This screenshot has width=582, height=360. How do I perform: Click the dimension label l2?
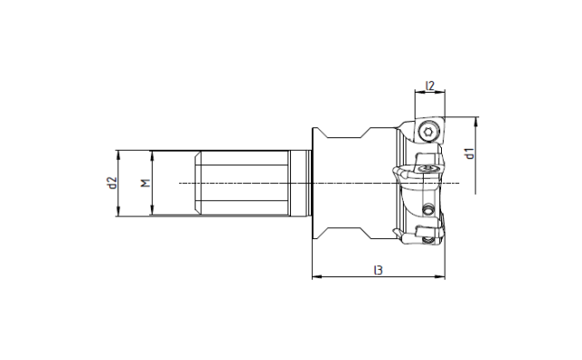point(430,85)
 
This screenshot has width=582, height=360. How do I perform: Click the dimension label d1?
point(470,154)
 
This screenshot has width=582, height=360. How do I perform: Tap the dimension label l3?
point(378,270)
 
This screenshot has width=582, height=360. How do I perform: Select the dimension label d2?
point(113,183)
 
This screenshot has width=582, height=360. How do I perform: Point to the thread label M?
point(145,183)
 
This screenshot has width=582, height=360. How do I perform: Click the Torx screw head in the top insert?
point(428,131)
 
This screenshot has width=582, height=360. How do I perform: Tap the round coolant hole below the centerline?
point(428,210)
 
